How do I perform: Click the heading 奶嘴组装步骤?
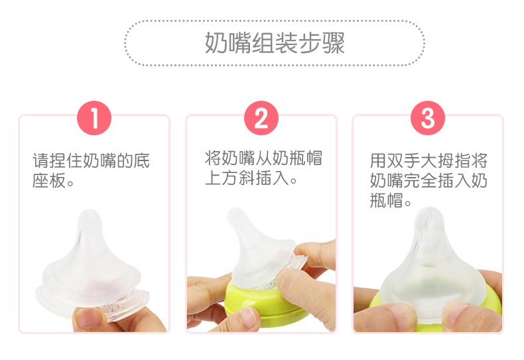click(x=275, y=43)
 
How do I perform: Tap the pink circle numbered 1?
click(x=94, y=118)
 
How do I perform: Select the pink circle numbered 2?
click(x=261, y=118)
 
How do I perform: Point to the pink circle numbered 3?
click(x=428, y=118)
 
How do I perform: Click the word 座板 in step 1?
click(x=49, y=181)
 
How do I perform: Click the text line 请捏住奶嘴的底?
click(x=91, y=160)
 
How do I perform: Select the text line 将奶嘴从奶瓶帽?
click(x=263, y=158)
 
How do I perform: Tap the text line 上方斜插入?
click(x=247, y=178)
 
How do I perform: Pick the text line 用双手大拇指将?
click(x=428, y=160)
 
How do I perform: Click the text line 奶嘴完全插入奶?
click(x=428, y=181)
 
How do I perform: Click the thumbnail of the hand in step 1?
click(x=88, y=316)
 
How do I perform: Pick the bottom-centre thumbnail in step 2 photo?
click(x=245, y=316)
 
